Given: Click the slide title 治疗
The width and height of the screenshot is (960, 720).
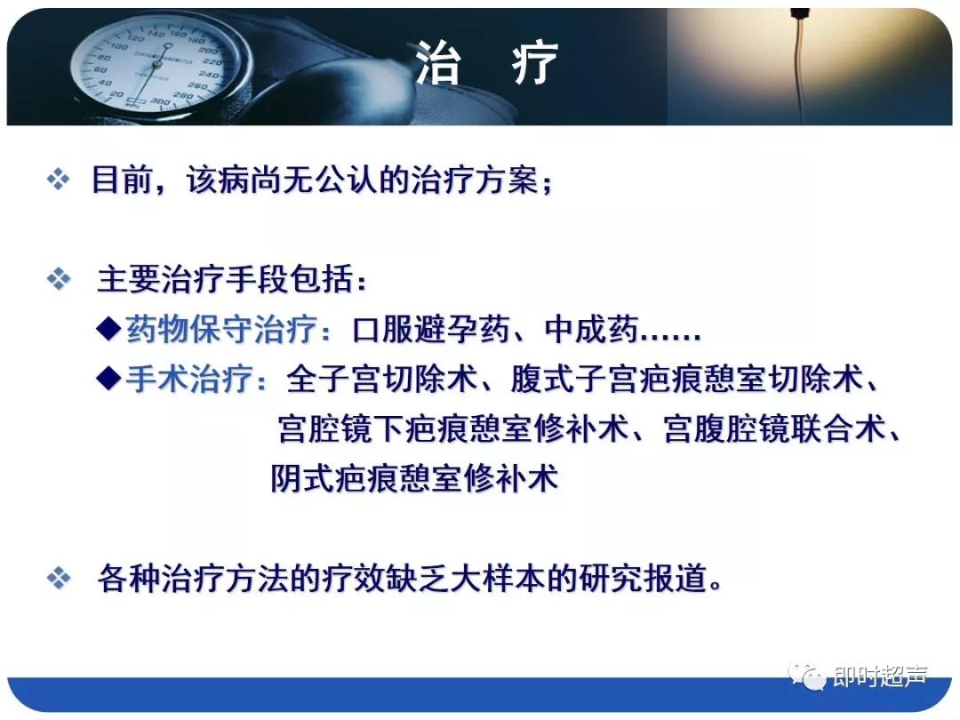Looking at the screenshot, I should pyautogui.click(x=486, y=64).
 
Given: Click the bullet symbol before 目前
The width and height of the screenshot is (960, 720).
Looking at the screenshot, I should pyautogui.click(x=58, y=181).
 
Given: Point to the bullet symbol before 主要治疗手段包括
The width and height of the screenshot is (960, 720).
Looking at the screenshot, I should pyautogui.click(x=58, y=281).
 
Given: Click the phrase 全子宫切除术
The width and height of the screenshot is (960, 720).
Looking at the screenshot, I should pyautogui.click(x=381, y=380).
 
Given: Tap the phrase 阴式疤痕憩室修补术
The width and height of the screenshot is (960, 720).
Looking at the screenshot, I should pyautogui.click(x=414, y=479).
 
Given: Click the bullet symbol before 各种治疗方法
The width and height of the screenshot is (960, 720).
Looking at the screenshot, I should pyautogui.click(x=58, y=580).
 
